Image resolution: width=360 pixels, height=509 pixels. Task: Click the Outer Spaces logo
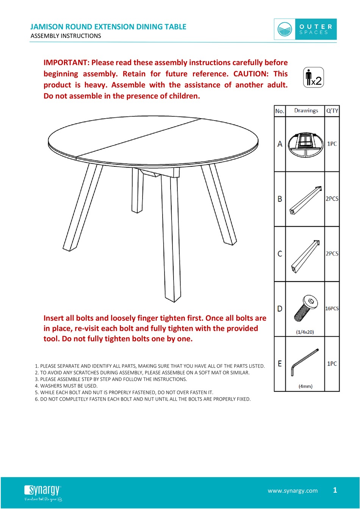tap(305, 29)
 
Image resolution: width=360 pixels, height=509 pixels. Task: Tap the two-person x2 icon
tap(314, 77)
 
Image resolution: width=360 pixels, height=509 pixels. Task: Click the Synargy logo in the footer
tap(42, 493)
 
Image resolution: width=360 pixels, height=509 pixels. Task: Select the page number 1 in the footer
tap(335, 490)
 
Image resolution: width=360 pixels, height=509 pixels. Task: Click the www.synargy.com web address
tap(293, 491)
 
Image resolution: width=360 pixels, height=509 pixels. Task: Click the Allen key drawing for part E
tap(305, 362)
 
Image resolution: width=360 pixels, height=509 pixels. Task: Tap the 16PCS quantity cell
tap(332, 309)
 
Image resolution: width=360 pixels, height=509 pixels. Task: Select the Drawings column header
tap(306, 111)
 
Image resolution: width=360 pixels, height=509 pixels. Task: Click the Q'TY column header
tap(332, 111)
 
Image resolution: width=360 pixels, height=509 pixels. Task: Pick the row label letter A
tap(280, 144)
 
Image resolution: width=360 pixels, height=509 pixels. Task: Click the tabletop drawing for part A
tap(305, 144)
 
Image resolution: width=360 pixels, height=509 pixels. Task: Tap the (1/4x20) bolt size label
tap(305, 332)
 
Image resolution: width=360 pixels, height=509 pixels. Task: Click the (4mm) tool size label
tap(305, 386)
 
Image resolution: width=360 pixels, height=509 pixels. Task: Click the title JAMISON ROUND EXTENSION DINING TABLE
tap(108, 27)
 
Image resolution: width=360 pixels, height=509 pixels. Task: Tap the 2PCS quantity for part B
tap(332, 199)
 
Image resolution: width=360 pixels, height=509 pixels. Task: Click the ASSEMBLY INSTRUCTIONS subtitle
tap(66, 36)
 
